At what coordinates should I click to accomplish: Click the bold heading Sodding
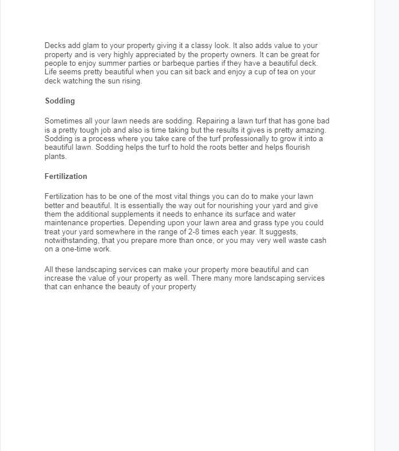60,101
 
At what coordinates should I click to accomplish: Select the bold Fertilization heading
66,176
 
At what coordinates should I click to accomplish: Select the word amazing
310,130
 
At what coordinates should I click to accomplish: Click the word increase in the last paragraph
60,278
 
